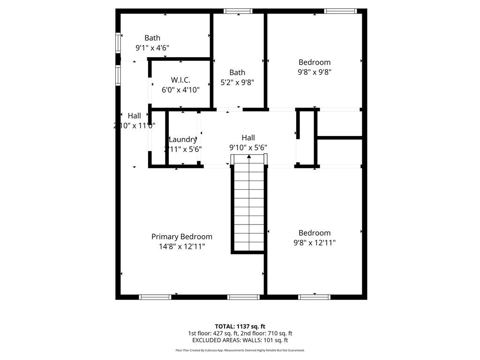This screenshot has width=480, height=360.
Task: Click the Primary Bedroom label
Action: (181, 237)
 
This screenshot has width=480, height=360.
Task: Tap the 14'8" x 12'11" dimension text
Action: (181, 247)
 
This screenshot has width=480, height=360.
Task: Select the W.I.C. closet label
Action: (180, 80)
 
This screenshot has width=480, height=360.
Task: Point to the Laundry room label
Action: (182, 139)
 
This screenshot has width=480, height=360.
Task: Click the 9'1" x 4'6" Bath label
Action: (152, 47)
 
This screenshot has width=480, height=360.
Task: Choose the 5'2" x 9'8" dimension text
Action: (237, 82)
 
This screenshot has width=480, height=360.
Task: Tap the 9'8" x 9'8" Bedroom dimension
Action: (315, 72)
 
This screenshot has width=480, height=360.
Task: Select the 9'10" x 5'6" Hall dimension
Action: (248, 147)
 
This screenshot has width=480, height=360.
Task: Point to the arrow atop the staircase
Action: (248, 157)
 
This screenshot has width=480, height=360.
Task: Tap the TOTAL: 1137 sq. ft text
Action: (240, 326)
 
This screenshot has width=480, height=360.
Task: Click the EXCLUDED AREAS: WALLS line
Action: (240, 340)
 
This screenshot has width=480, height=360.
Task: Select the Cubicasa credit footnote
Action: (240, 350)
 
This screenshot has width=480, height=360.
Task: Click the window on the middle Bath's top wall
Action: (239, 11)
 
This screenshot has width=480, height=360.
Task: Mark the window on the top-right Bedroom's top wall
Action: (340, 11)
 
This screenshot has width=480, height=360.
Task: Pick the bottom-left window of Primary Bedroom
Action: (155, 297)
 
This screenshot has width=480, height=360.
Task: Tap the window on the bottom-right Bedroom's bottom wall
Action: (315, 297)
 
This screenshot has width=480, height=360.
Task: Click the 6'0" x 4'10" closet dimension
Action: (180, 90)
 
